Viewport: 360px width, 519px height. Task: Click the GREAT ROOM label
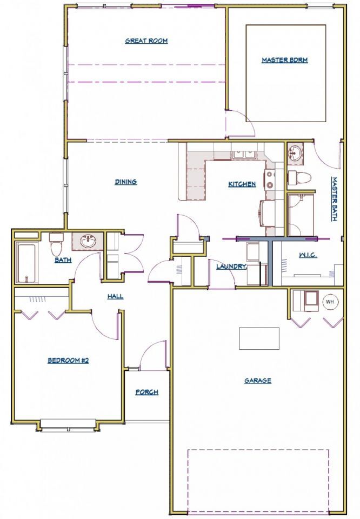[x=146, y=41]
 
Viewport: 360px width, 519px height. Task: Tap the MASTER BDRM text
[x=284, y=60]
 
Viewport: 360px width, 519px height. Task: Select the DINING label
[x=126, y=182]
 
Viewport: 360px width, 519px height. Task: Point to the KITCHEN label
[x=242, y=184]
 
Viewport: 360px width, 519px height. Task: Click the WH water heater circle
[x=330, y=302]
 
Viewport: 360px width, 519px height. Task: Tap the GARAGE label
[x=258, y=381]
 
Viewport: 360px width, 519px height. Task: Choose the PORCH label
[x=147, y=392]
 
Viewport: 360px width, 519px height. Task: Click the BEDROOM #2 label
[x=68, y=361]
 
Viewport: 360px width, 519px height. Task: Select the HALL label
[x=115, y=296]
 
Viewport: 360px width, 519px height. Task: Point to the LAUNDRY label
[x=231, y=266]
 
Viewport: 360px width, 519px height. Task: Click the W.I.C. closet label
[x=308, y=255]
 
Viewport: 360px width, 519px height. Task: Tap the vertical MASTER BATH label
[x=334, y=199]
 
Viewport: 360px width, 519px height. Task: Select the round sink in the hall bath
[x=88, y=241]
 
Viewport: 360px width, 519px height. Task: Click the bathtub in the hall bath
[x=26, y=263]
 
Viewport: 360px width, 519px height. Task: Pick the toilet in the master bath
[x=299, y=178]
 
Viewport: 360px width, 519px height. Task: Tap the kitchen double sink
[x=244, y=155]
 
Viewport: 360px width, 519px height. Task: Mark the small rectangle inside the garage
[x=259, y=338]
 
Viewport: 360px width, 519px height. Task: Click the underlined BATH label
[x=63, y=260]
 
